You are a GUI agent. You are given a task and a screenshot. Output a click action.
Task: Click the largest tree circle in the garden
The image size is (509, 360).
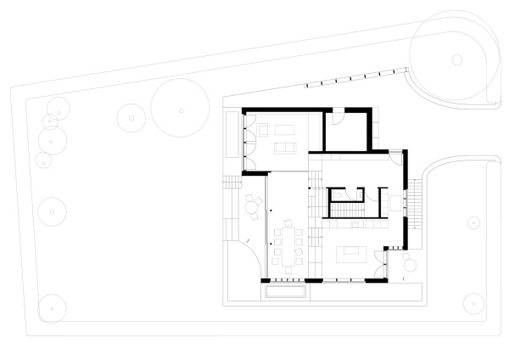pyautogui.click(x=181, y=109)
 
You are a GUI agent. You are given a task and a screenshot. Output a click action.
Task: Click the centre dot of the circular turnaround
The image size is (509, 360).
pyautogui.click(x=456, y=59)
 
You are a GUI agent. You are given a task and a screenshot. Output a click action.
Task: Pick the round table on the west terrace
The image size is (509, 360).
pyautogui.click(x=252, y=205)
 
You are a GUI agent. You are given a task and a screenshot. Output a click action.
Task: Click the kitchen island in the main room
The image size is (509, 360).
pyautogui.click(x=350, y=254)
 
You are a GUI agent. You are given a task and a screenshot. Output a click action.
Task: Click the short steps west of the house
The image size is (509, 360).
pyautogui.click(x=232, y=182)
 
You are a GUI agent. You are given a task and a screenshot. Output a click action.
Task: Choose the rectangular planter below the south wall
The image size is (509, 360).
pyautogui.click(x=285, y=291)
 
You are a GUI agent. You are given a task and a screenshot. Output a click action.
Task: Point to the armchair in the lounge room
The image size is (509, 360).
pyautogui.click(x=262, y=129)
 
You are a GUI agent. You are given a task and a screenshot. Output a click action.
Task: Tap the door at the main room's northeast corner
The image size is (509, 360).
pyautogui.click(x=395, y=156)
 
